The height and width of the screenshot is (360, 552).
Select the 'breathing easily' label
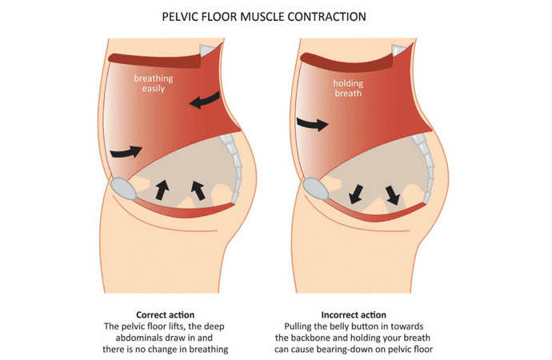(153, 83)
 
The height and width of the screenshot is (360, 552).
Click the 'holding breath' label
(348, 88)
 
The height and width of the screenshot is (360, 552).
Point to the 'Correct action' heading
(165, 314)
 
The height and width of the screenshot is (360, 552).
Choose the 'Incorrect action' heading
(354, 314)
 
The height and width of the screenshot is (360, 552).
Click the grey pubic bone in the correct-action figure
(123, 189)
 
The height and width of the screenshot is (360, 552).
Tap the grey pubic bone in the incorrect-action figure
(315, 189)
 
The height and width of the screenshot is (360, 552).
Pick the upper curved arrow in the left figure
(205, 100)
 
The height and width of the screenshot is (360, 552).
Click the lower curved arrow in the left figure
(126, 152)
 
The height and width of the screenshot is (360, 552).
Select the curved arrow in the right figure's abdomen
(313, 124)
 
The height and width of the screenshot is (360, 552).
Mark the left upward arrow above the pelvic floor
(162, 190)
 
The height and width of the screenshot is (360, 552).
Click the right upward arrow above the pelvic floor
(198, 190)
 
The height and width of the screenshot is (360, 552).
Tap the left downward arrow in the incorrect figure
(356, 194)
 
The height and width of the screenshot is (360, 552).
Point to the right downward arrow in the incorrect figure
(393, 195)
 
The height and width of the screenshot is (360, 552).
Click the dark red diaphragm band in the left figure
(154, 61)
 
